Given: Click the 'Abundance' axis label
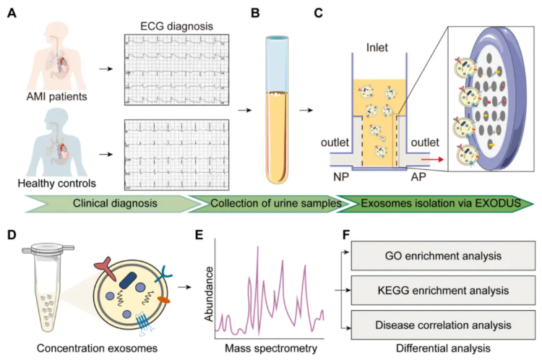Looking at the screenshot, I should pos(210,292).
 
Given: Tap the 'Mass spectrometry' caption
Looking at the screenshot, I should pos(270,349).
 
